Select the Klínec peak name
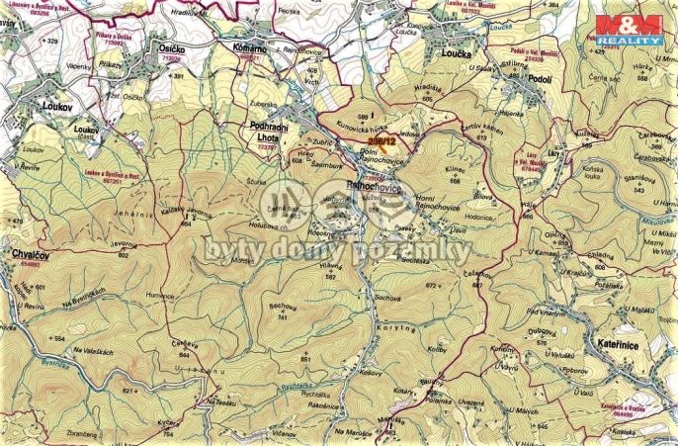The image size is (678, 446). (453, 172)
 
